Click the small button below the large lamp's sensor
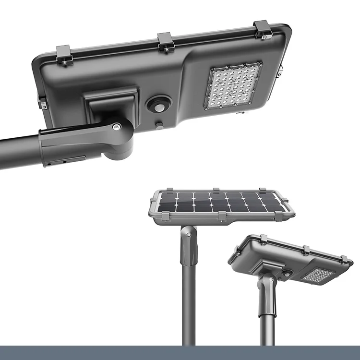coord(159,126)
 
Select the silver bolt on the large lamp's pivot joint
coord(116,127)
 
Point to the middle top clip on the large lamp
coord(166,42)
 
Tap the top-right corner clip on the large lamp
coord(263,29)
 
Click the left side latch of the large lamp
coord(42,103)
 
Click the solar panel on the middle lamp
coord(221,202)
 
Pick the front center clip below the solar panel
coord(222,217)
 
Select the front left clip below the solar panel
coord(165,217)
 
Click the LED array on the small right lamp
coord(318,275)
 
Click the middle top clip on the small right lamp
coord(305,250)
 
